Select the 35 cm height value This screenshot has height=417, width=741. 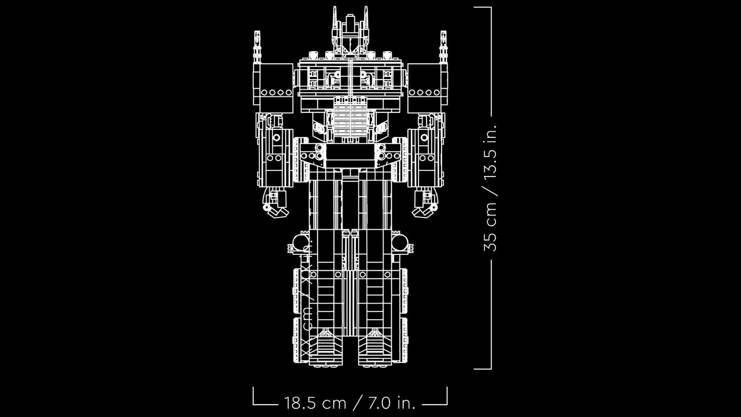(x=491, y=226)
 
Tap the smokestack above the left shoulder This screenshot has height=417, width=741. (x=257, y=46)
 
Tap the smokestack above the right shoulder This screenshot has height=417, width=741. (x=444, y=46)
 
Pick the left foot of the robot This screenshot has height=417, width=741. (x=326, y=349)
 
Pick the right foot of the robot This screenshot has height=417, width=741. (x=375, y=349)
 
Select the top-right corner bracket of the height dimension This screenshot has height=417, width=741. (x=490, y=8)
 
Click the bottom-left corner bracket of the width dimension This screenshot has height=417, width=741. (x=254, y=403)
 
